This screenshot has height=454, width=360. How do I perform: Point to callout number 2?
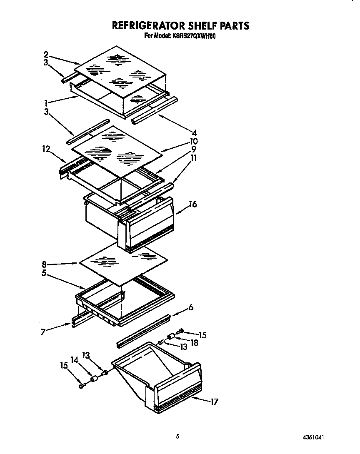point(46,55)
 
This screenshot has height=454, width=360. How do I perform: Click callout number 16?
point(192,204)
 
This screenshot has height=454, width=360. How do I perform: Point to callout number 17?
point(214,402)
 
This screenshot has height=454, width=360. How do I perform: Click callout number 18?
point(194,342)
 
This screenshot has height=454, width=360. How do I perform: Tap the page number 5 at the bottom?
point(178,437)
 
